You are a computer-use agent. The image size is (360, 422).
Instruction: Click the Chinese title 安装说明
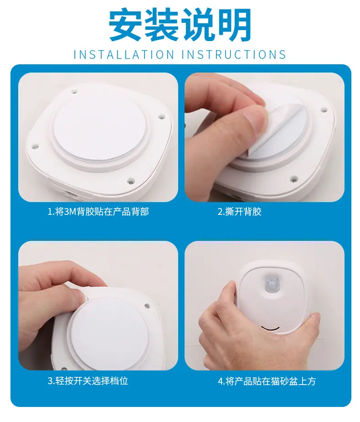click(x=180, y=25)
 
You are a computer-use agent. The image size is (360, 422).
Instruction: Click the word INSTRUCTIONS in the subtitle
click(x=234, y=55)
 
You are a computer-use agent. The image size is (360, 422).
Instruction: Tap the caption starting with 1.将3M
click(x=98, y=212)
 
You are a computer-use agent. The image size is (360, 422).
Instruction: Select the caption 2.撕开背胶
click(x=239, y=212)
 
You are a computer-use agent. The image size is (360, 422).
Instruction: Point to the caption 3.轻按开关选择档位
click(x=87, y=381)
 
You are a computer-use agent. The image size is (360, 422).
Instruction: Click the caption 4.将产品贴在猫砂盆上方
click(x=267, y=381)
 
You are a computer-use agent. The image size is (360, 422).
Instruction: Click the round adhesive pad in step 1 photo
click(x=100, y=128)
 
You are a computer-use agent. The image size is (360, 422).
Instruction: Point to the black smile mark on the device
click(x=270, y=328)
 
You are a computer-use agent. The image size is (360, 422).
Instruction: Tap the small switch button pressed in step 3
click(x=87, y=298)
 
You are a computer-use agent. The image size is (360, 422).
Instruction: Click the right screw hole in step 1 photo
click(x=161, y=117)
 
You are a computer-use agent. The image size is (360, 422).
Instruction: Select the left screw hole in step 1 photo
click(x=35, y=147)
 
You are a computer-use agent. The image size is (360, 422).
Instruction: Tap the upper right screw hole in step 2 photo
click(x=324, y=110)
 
